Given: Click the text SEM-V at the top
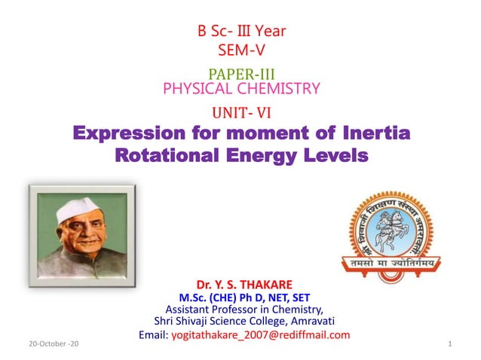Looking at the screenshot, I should pos(241,50).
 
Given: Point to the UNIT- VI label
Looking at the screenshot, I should pos(241,114).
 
